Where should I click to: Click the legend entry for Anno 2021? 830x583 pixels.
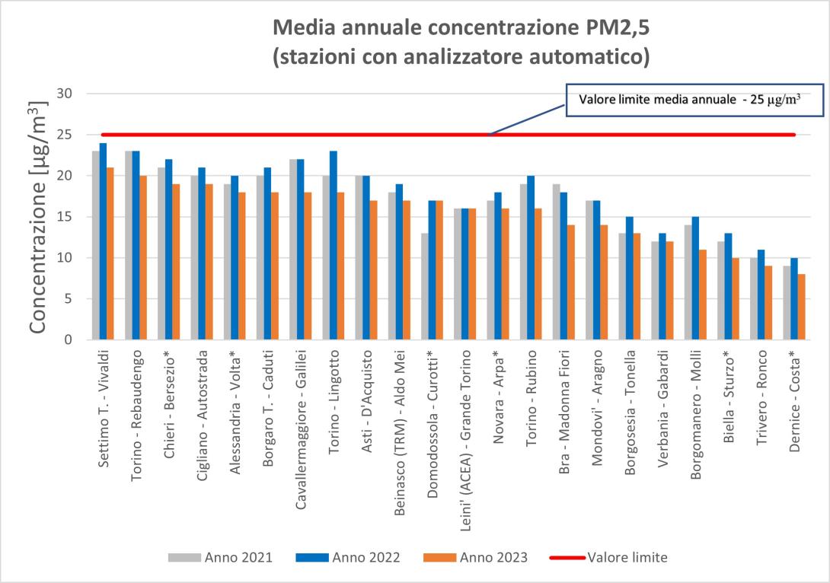(220, 557)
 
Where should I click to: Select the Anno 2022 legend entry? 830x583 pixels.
(346, 557)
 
